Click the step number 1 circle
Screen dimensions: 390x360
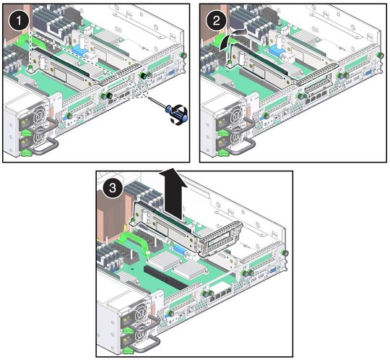pos(19,21)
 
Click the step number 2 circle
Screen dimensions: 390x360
pos(217,21)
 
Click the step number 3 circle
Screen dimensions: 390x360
pos(113,187)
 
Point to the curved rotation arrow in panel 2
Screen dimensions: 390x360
pos(231,38)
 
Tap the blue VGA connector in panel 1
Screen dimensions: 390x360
pos(171,74)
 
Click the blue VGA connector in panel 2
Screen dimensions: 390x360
pos(368,74)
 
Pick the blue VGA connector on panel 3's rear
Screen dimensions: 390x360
pos(272,271)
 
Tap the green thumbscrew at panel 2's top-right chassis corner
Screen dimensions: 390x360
pos(380,55)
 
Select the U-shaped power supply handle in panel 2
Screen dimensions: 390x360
pos(240,146)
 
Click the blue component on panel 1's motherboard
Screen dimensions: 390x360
pos(79,51)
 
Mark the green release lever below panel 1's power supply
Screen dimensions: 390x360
pos(27,153)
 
